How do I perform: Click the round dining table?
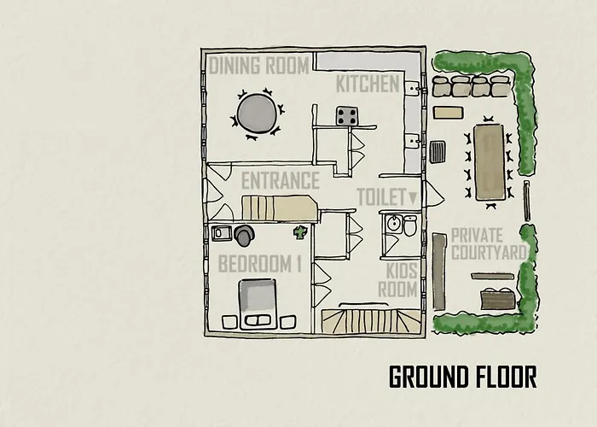(x=257, y=114)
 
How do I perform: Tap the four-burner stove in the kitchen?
(x=347, y=116)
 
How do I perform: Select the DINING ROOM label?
(x=259, y=65)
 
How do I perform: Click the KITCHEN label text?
(x=368, y=84)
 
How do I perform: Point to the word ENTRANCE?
(x=281, y=180)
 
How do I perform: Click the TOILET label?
(x=381, y=196)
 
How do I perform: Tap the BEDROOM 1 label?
(x=260, y=263)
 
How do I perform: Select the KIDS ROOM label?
(x=398, y=280)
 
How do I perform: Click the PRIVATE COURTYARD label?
(x=489, y=244)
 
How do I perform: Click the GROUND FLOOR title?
(x=462, y=377)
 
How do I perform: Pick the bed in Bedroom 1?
(x=258, y=304)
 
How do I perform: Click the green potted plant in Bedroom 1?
(x=300, y=232)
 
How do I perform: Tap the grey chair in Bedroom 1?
(x=244, y=235)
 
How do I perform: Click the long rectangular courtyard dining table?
(x=490, y=162)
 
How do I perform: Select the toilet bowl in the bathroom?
(x=410, y=225)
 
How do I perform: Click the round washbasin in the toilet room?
(x=394, y=224)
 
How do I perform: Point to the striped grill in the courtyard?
(x=438, y=152)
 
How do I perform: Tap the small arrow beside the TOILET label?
(x=413, y=197)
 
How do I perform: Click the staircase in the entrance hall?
(x=280, y=208)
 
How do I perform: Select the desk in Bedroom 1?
(x=222, y=233)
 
